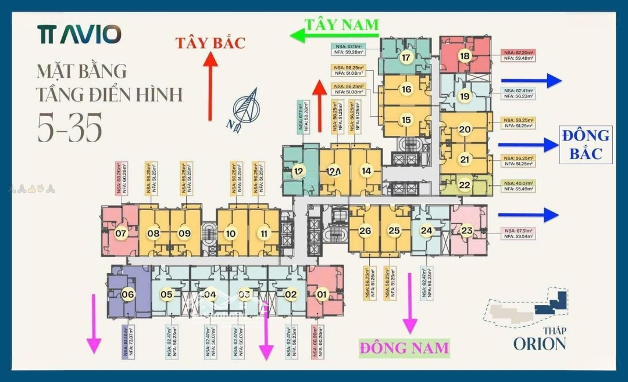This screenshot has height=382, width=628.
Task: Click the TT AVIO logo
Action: point(79,34)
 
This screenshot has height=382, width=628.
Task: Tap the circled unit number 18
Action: point(464,56)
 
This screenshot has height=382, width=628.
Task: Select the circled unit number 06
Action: point(128,294)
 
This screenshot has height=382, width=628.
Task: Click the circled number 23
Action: point(466,230)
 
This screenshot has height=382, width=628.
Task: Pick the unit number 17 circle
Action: point(406,57)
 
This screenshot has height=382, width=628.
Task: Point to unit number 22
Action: point(465,185)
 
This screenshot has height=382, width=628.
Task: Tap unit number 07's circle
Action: point(120,234)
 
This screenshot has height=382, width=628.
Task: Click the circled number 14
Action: point(366,171)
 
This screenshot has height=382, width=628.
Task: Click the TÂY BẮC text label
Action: point(211,42)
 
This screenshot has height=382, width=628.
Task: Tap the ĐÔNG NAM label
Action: point(404,348)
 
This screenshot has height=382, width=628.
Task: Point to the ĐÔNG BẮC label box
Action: point(586,144)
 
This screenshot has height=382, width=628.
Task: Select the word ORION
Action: point(539,343)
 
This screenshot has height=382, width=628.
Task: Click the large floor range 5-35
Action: point(70,126)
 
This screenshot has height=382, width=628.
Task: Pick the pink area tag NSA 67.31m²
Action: point(518,234)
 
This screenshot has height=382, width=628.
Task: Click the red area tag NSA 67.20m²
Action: point(518,55)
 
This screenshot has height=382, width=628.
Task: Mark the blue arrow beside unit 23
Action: point(528,215)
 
